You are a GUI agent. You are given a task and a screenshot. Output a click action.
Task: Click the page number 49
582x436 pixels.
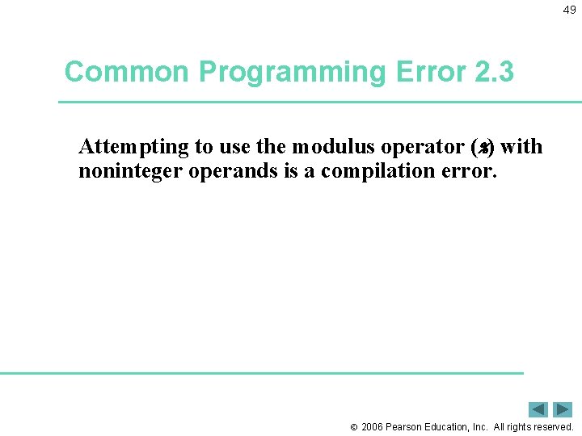tap(570, 10)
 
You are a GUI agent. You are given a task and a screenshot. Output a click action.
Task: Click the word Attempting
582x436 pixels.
tap(134, 148)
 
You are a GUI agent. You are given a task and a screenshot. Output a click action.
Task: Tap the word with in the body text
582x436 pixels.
tap(521, 148)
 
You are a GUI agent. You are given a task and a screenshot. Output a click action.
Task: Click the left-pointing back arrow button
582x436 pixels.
tap(538, 409)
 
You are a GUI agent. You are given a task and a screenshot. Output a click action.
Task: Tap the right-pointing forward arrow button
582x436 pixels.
tap(563, 409)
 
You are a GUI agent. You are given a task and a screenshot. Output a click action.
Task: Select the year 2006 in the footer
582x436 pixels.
tap(372, 426)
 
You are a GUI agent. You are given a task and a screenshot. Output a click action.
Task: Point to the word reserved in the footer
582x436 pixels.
tap(552, 426)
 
